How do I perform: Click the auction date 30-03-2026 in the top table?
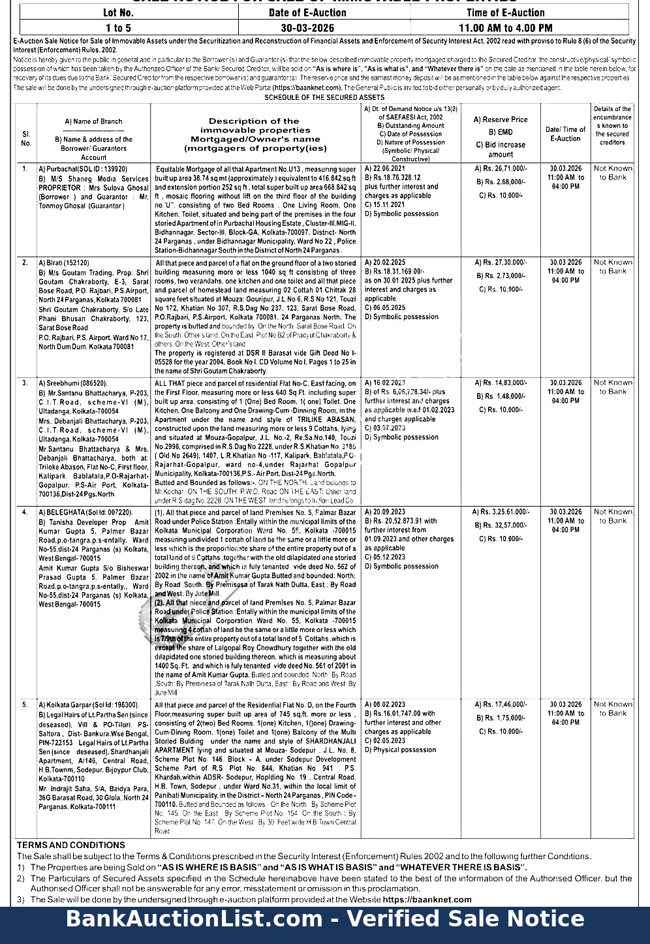307,27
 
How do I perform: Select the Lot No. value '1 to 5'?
118,27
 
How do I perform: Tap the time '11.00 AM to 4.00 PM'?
505,27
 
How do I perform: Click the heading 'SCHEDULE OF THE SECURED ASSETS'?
324,97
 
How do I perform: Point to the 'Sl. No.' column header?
26,138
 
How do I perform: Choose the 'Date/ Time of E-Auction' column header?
565,134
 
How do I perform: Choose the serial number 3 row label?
25,383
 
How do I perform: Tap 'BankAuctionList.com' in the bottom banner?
193,919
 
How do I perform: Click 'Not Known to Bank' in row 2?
612,266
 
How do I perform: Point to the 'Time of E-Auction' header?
505,12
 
